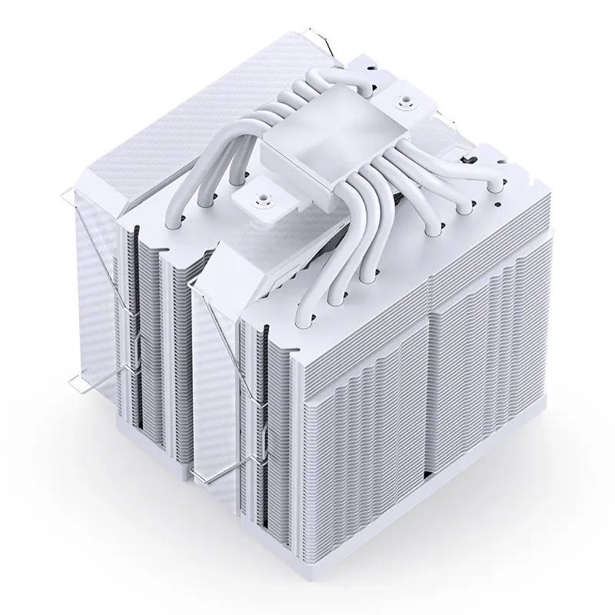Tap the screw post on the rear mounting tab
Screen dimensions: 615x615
(402, 101)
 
